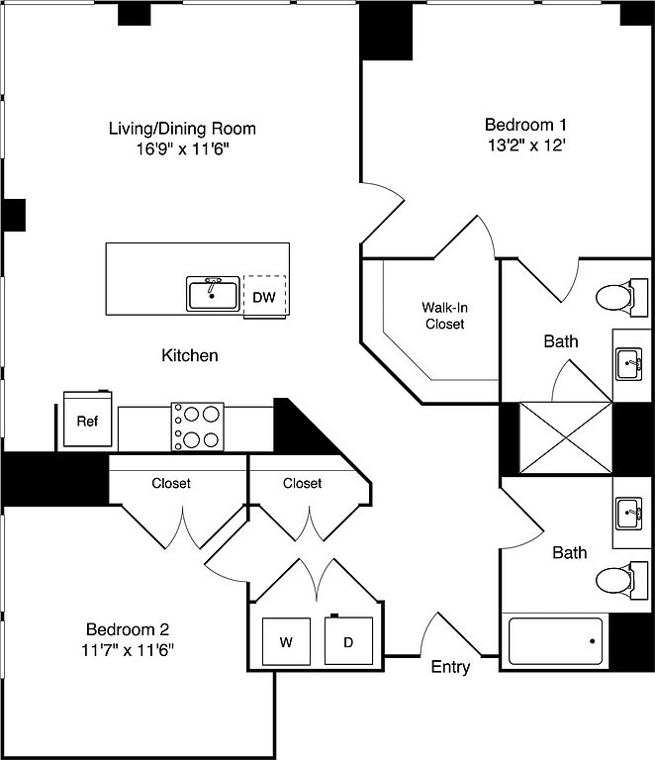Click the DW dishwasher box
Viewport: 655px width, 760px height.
coord(264,297)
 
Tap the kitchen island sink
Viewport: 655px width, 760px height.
coord(213,294)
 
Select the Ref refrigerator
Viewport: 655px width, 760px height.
coord(88,419)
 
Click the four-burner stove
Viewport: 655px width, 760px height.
coord(198,427)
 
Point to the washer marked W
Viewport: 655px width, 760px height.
coord(286,641)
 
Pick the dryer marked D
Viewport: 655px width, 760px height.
coord(348,640)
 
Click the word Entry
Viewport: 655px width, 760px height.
coord(450,667)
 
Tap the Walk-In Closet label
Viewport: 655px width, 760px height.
coord(444,316)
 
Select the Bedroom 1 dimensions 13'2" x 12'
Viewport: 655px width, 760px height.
coord(526,144)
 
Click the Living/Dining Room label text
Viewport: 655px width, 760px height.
coord(182,129)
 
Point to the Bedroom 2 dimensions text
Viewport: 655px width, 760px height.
coord(128,649)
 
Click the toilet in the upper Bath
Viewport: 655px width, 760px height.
coord(621,297)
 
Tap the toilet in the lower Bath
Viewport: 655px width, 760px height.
coord(621,580)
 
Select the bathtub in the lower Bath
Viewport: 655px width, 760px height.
coord(555,641)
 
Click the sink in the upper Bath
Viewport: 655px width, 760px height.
coord(629,364)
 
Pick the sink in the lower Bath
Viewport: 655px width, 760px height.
coord(629,514)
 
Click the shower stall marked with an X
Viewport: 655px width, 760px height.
coord(565,437)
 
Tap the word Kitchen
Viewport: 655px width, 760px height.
coord(190,355)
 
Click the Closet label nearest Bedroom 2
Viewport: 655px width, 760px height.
coord(171,483)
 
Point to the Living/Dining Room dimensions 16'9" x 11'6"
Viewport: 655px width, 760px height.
coord(182,148)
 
